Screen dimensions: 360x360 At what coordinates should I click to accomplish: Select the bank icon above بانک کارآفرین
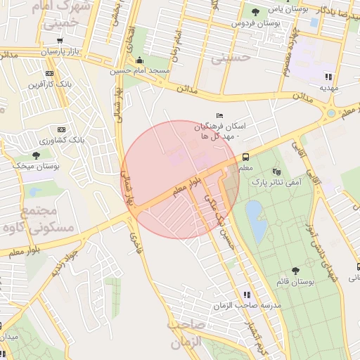(49, 73)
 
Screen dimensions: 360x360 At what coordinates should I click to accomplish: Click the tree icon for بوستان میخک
(36, 155)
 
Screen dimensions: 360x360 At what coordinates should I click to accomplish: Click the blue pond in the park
(256, 219)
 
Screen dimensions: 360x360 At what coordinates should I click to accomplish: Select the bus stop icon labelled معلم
(245, 157)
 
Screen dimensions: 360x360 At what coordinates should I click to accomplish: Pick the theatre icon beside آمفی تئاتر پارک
(276, 171)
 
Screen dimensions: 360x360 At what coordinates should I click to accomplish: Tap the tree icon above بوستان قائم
(294, 271)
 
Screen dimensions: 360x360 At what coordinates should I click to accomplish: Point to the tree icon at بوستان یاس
(255, 11)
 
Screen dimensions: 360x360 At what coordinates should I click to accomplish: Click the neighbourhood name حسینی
(231, 58)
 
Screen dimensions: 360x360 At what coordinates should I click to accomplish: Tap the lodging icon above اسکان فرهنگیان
(219, 115)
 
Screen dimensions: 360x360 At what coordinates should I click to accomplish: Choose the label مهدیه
(329, 88)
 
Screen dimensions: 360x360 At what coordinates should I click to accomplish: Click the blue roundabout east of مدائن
(330, 112)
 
